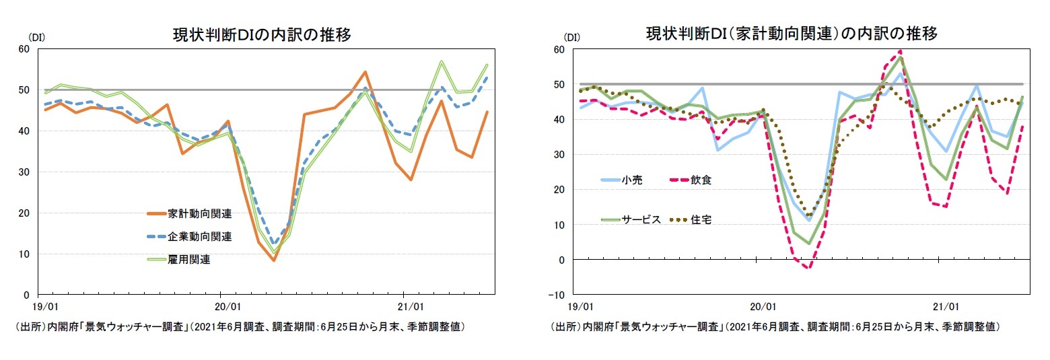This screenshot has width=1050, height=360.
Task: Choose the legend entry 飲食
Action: click(x=701, y=180)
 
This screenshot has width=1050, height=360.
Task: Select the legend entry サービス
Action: click(x=640, y=220)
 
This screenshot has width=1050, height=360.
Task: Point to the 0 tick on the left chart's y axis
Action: click(x=27, y=295)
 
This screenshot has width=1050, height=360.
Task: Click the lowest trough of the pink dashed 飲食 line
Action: click(x=808, y=268)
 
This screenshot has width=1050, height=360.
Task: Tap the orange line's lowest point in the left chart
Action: click(x=273, y=260)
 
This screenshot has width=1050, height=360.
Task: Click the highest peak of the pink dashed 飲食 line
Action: click(x=901, y=51)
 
